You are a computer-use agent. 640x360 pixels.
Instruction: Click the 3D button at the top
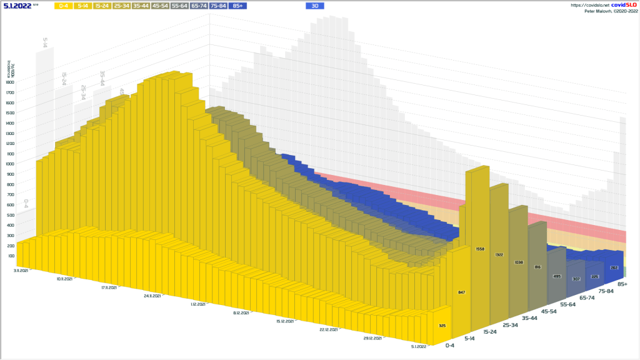pos(315,6)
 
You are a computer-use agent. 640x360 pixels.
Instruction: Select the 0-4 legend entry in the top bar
pos(64,6)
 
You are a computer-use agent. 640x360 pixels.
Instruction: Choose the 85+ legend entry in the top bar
pos(237,6)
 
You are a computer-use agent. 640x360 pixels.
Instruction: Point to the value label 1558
pos(481,249)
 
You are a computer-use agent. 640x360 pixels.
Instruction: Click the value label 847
pos(462,292)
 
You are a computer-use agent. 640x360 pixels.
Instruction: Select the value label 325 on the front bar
pos(442,326)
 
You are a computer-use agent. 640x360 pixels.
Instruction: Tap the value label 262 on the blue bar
pos(614,267)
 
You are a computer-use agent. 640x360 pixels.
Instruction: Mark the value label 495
pos(556,276)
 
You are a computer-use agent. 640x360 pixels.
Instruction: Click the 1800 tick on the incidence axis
pos(9,82)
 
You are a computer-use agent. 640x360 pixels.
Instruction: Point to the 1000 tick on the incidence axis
pos(9,164)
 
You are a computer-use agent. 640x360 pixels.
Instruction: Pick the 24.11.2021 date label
pos(152,296)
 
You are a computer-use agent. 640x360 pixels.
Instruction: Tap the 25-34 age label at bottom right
pos(511,325)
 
